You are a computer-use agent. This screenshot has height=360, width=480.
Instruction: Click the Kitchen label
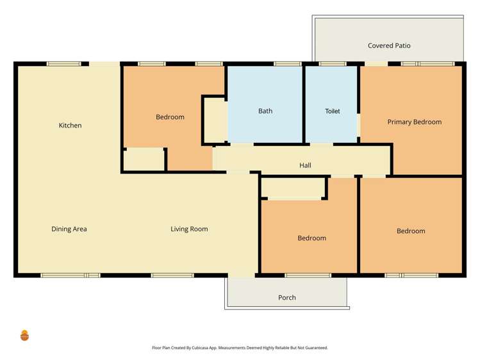(70, 126)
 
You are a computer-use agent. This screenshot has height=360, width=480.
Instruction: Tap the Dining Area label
(69, 229)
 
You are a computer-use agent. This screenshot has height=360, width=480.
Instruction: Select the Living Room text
(189, 229)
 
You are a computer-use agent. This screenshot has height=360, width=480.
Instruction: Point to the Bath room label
(265, 111)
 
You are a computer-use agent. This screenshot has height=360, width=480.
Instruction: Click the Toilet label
(333, 111)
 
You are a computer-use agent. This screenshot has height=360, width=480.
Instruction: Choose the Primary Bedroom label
(415, 122)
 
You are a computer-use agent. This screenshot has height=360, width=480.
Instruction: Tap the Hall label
(305, 165)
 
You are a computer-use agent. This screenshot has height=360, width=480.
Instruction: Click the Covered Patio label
(389, 45)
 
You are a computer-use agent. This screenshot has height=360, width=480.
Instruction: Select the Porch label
(287, 298)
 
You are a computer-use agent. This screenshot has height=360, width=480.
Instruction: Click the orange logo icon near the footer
(24, 335)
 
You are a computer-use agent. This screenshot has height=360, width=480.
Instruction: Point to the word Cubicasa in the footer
(200, 348)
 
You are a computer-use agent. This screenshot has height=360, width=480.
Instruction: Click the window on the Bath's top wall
(288, 64)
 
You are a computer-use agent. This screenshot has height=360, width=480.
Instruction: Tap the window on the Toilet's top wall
(333, 64)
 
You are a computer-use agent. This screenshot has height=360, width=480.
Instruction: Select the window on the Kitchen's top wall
(63, 64)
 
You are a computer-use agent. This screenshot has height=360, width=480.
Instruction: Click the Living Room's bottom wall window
(172, 275)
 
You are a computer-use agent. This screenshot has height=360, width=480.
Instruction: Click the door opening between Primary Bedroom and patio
(376, 64)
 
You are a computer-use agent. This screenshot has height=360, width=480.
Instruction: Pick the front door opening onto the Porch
(242, 275)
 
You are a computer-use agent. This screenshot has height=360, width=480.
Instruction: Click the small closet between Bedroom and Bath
(215, 120)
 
